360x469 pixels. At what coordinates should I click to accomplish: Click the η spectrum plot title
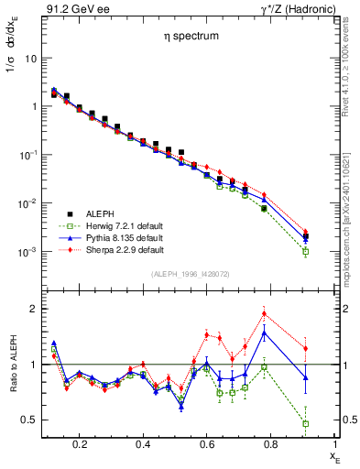tap(179, 38)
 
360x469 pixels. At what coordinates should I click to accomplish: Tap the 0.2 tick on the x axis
tap(81, 444)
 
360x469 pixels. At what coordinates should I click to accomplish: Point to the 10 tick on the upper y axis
tap(30, 58)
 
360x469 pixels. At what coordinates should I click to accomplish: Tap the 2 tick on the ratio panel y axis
tap(32, 309)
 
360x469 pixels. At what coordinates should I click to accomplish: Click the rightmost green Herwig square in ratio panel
tap(306, 423)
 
